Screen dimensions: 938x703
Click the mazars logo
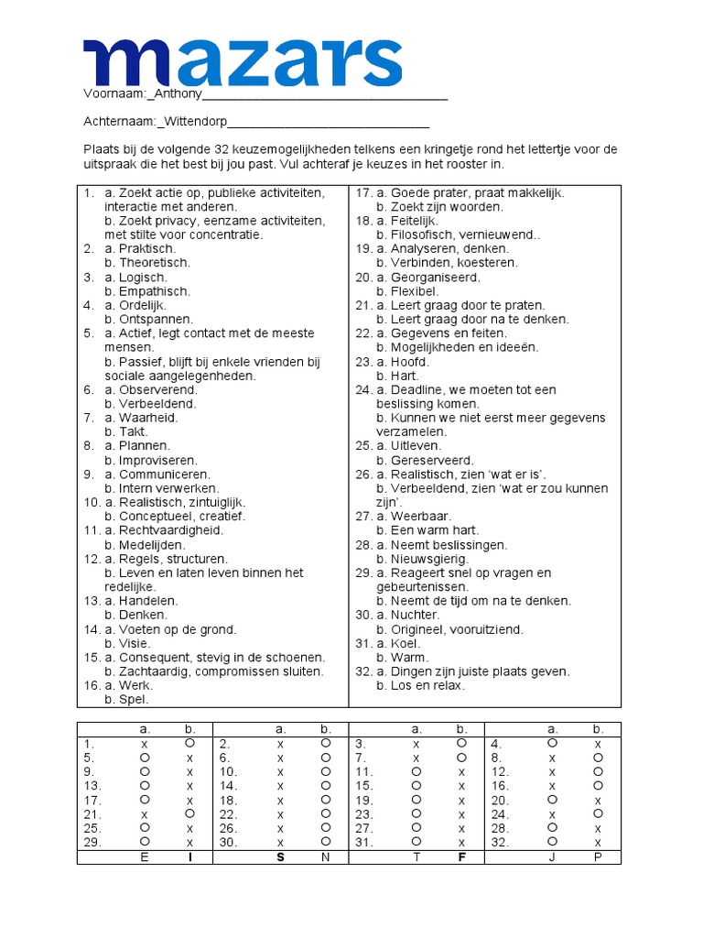[x=243, y=62]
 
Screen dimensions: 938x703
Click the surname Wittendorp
[x=195, y=122]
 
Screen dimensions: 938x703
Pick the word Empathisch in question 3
[x=155, y=291]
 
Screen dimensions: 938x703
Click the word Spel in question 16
[x=134, y=700]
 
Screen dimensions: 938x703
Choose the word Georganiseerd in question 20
[x=436, y=278]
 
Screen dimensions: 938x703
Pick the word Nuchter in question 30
[x=416, y=616]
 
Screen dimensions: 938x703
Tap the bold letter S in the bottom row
[x=280, y=857]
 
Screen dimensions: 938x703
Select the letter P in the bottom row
[x=598, y=857]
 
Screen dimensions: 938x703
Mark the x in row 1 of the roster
[x=144, y=745]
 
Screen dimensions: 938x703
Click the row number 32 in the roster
[x=499, y=842]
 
